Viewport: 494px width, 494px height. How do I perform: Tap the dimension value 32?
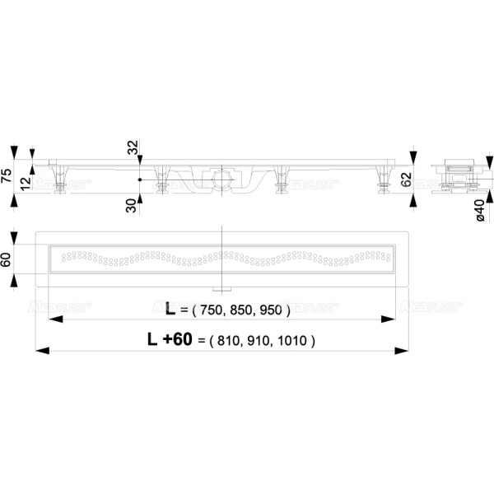[x=132, y=150]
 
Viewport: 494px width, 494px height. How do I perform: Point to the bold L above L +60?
[x=170, y=310]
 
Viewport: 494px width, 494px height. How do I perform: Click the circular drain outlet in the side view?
[x=220, y=177]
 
